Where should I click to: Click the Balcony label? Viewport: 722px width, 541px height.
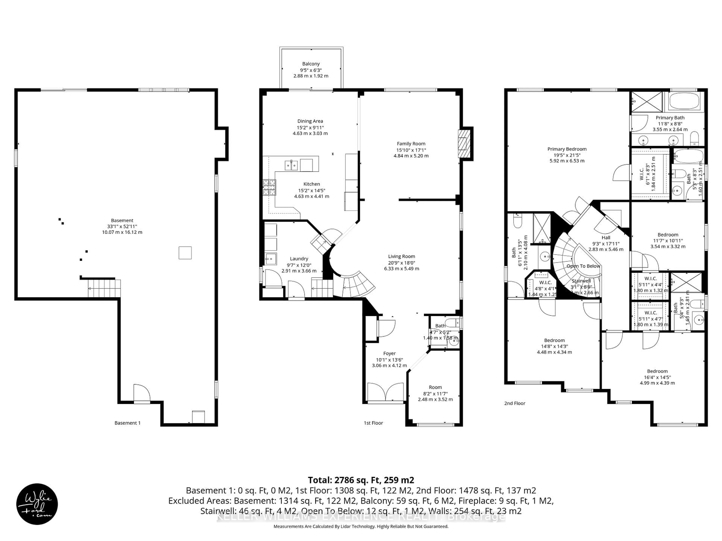(x=311, y=64)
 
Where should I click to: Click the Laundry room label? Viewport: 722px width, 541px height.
(x=299, y=259)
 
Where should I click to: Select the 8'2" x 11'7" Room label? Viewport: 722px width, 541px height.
(x=435, y=387)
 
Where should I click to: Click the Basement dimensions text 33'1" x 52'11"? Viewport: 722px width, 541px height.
(x=122, y=226)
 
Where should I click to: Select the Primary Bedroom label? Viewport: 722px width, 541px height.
(x=567, y=149)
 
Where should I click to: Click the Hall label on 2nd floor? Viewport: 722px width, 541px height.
(x=606, y=238)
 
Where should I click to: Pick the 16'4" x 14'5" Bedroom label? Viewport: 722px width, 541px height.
(x=657, y=371)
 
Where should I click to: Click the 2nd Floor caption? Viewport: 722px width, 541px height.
(x=515, y=403)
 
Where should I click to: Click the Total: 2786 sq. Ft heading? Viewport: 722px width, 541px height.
(x=361, y=480)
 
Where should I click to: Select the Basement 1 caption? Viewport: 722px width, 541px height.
(x=127, y=423)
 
